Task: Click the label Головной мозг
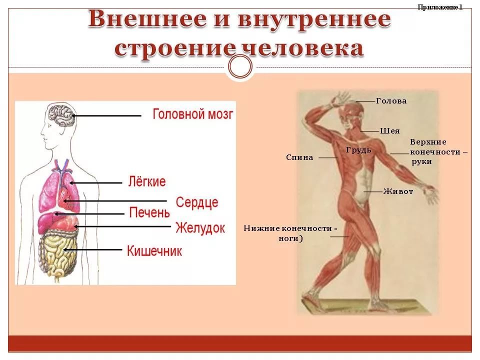coord(193,114)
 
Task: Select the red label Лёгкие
coord(147,181)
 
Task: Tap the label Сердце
coord(197,202)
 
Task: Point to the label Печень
coord(149,212)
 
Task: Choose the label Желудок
coord(200,228)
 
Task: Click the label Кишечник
coord(154,251)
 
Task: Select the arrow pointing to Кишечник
coord(93,250)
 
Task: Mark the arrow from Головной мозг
coord(106,115)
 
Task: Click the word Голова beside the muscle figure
coord(391,100)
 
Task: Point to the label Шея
coord(389,130)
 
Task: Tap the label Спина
coord(299,157)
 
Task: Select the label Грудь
coord(358,150)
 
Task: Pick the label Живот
coord(398,191)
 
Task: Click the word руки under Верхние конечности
coord(421,161)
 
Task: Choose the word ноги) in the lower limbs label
coord(290,238)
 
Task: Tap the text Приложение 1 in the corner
coord(440,7)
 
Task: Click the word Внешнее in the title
coord(147,19)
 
